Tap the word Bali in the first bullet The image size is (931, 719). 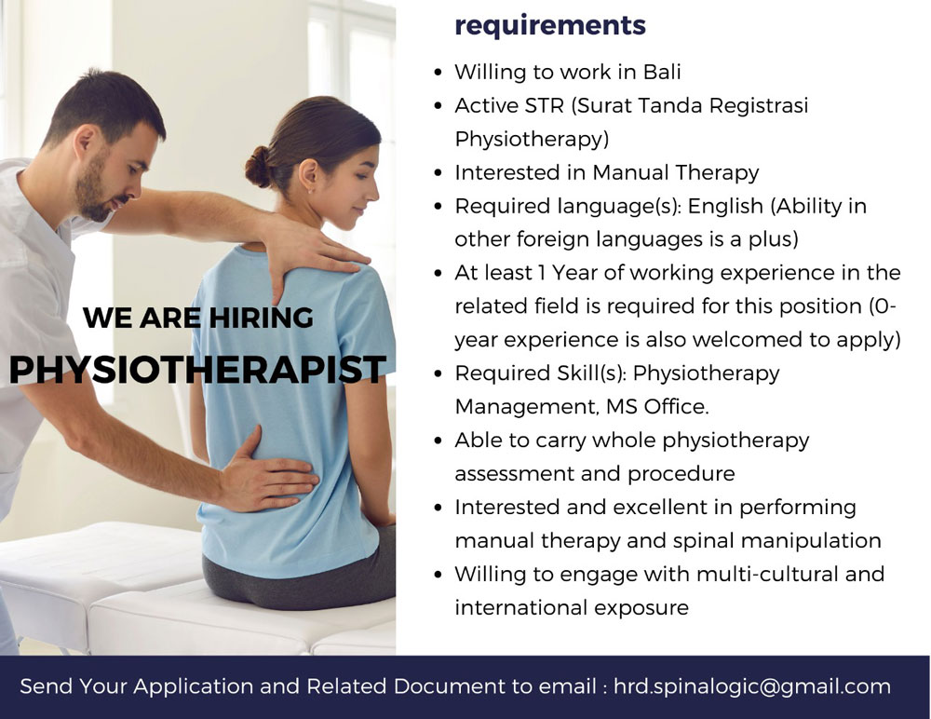point(662,72)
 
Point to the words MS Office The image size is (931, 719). point(657,407)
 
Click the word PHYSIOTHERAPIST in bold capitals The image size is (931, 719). point(197,369)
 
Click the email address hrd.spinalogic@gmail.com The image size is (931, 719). point(752,687)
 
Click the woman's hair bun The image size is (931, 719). point(258,167)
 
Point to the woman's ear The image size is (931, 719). point(308,176)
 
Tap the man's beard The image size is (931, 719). point(95,190)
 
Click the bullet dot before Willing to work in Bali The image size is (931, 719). point(439,73)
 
